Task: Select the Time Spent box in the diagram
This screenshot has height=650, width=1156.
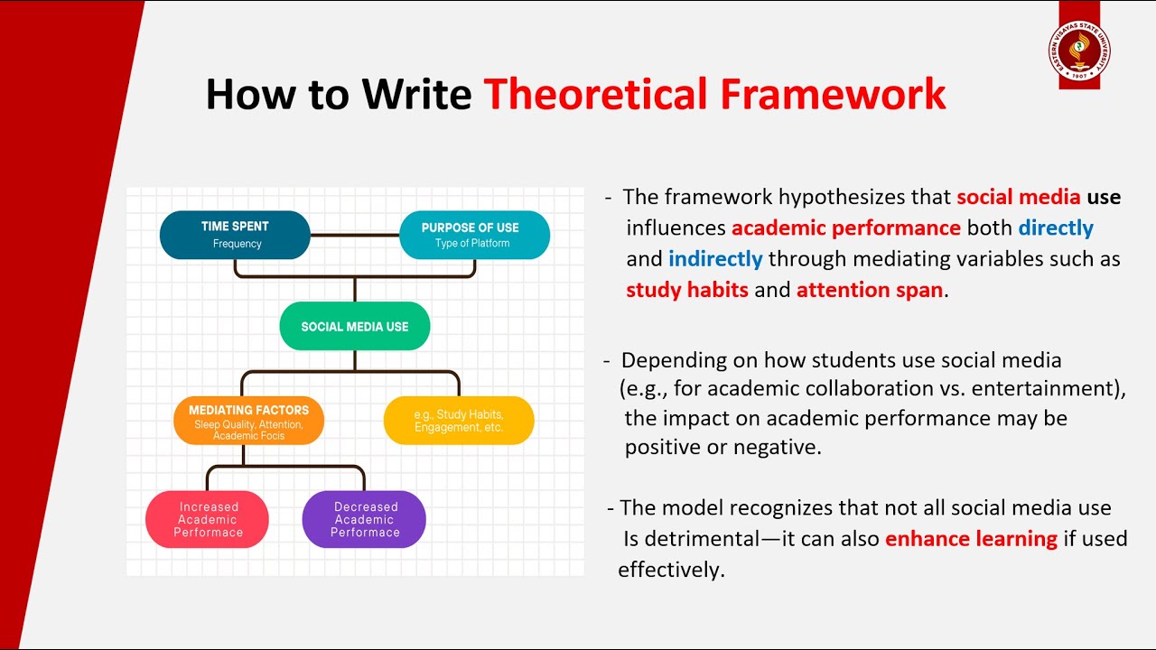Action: point(235,235)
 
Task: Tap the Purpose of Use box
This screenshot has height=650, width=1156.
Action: point(473,235)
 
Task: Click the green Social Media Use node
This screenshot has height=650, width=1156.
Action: point(355,326)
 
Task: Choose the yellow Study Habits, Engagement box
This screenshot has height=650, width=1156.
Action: point(459,421)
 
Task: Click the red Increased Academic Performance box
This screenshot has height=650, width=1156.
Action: point(208,519)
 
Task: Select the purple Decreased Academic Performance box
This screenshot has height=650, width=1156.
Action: point(364,519)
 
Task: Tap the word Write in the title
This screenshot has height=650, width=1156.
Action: point(416,95)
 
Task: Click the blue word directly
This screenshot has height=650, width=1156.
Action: point(1056,227)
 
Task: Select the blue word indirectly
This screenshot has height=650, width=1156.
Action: point(715,259)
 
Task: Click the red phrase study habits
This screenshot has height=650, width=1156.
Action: point(687,290)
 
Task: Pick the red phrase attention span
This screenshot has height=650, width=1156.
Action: point(869,290)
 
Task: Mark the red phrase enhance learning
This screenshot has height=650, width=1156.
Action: point(971,539)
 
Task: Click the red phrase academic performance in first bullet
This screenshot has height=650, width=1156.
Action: point(845,227)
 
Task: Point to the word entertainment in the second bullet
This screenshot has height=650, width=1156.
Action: point(1051,389)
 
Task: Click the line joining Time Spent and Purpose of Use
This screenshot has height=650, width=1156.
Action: point(354,235)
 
